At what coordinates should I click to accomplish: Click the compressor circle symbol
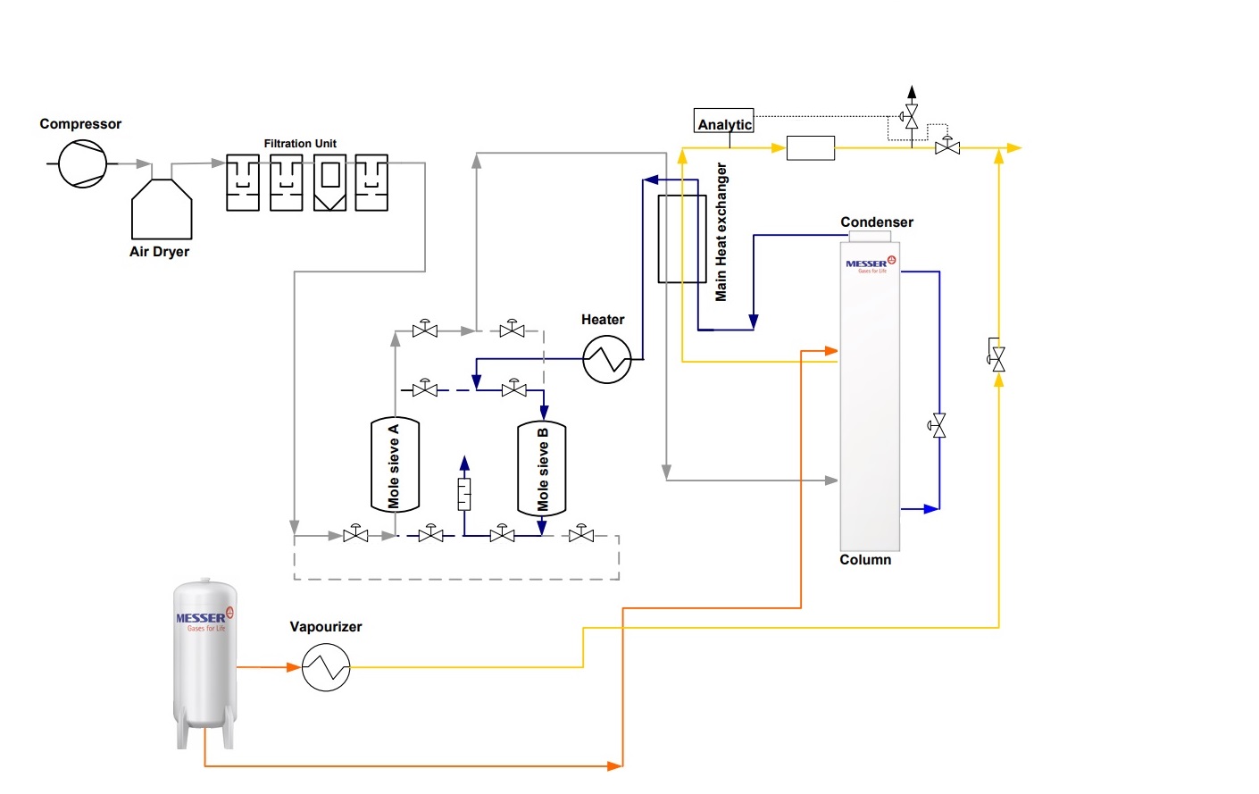pos(83,164)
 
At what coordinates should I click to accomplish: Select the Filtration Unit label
pos(300,144)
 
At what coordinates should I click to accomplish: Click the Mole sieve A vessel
pos(395,465)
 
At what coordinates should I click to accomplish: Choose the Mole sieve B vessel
pos(542,469)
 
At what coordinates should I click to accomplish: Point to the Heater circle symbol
pos(607,359)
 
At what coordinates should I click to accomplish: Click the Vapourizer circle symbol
pos(326,668)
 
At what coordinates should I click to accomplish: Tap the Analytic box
pos(724,121)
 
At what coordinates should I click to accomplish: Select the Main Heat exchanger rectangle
pos(682,238)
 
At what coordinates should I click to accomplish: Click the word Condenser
pos(877,222)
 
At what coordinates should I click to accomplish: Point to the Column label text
pos(865,560)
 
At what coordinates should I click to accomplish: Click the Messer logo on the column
pos(870,264)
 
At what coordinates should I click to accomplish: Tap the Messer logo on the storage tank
pos(204,619)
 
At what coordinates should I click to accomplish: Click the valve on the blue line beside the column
pos(938,426)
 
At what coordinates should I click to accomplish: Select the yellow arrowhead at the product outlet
pos(1014,147)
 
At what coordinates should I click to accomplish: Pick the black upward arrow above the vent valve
pos(912,91)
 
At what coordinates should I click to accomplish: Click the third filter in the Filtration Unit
pos(329,183)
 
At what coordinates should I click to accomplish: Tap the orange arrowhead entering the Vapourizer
pos(293,667)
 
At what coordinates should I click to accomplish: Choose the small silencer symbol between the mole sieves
pos(464,494)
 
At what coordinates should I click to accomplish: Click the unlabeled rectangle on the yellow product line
pos(811,147)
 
